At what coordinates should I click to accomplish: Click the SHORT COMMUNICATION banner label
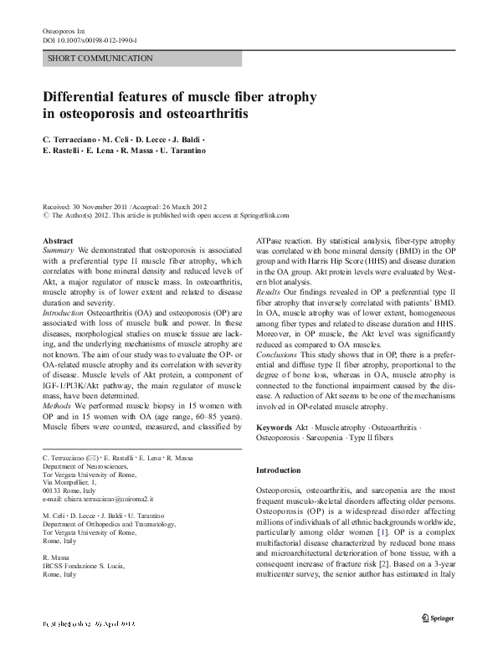point(100,59)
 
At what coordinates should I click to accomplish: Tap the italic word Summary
point(58,250)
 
